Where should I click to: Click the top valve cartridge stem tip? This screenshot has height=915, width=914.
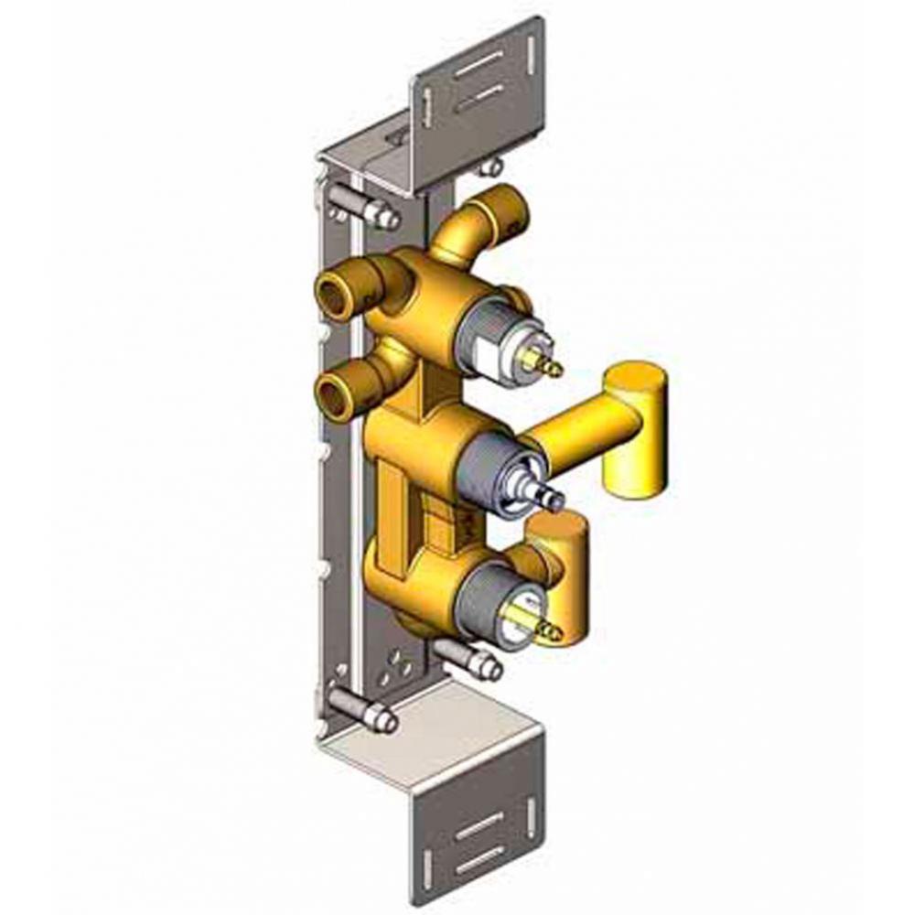(553, 371)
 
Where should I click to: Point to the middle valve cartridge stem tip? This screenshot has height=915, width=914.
(555, 500)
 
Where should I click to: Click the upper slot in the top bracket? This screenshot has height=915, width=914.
(479, 64)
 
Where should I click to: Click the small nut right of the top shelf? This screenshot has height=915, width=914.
(492, 167)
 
